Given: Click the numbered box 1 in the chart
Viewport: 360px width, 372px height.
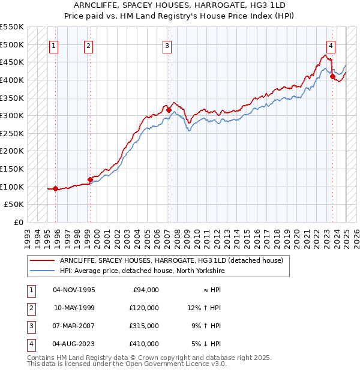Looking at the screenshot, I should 54,45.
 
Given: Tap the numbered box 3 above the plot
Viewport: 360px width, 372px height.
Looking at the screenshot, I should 167,45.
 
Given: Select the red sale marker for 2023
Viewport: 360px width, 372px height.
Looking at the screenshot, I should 332,77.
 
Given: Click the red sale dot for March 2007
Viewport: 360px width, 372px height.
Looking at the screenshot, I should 169,110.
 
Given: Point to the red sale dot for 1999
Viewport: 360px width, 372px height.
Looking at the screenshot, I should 90,179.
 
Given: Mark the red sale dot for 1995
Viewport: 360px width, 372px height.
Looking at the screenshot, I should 55,188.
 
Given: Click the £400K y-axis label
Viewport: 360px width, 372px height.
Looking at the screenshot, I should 12,80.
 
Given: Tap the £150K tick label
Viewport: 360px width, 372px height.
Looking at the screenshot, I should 12,169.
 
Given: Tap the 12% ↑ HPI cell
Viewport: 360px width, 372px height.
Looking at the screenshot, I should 204,308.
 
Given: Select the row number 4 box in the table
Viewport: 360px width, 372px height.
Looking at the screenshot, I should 29,344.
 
